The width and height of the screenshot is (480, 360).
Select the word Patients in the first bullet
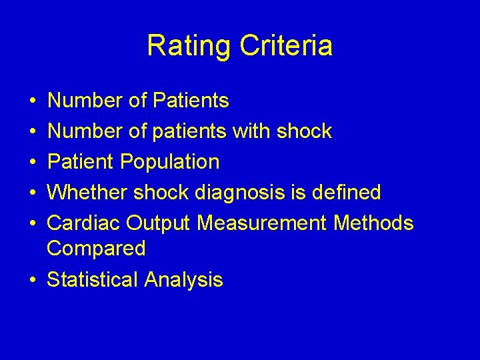[x=191, y=101]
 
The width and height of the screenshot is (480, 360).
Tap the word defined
[x=346, y=193]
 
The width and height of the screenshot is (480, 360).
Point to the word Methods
[x=373, y=223]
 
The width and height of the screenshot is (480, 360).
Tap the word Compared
[x=96, y=249]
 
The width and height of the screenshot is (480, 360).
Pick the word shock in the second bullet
[x=304, y=131]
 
